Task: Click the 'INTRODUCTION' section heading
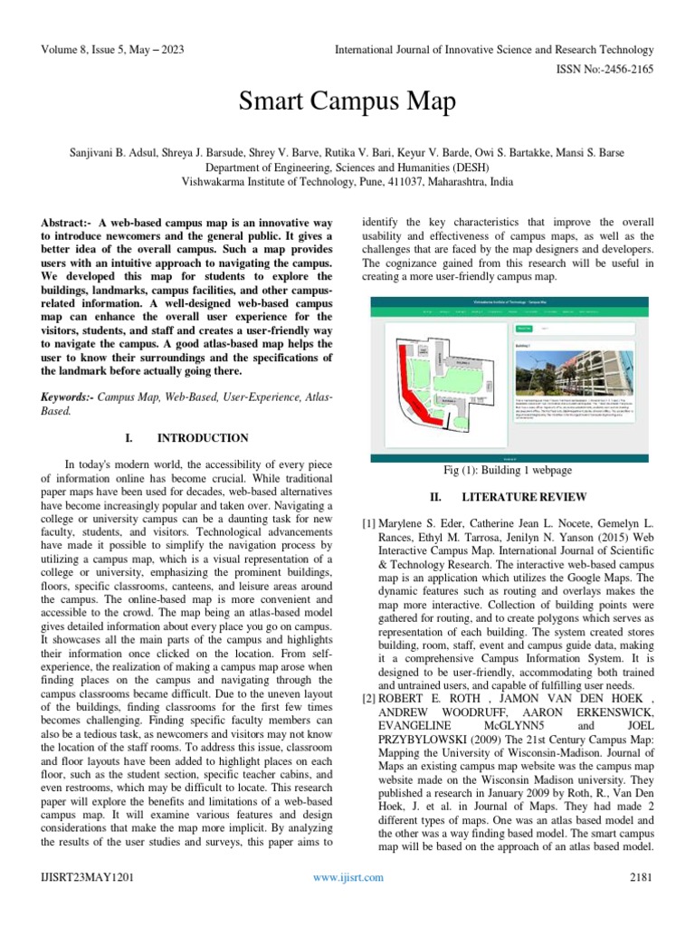[x=203, y=438]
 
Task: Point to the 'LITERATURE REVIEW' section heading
[x=524, y=497]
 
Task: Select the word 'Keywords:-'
[x=68, y=398]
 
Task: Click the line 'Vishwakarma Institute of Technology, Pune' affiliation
[x=347, y=181]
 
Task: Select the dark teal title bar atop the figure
[x=512, y=301]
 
